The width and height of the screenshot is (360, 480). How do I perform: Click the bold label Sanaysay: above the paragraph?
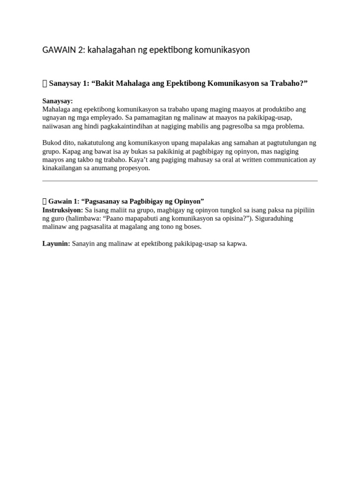[x=58, y=101]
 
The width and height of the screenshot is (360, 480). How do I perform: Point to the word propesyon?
[x=134, y=168]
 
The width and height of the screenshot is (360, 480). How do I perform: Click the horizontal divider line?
[x=180, y=180]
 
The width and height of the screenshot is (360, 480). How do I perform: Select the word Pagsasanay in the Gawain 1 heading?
[x=103, y=201]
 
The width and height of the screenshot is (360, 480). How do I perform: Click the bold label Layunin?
[x=56, y=244]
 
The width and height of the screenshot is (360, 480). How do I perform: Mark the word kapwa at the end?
[x=237, y=244]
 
